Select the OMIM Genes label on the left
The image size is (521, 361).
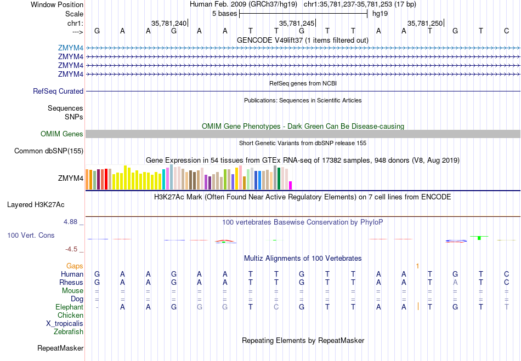[62, 134]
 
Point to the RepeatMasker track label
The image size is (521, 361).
[60, 348]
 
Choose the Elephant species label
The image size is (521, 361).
[69, 307]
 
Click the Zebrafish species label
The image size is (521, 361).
[69, 332]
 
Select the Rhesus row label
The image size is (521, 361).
[71, 283]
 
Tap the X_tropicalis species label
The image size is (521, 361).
[65, 324]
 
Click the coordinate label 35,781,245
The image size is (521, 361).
[297, 23]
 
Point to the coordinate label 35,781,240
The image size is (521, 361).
[169, 23]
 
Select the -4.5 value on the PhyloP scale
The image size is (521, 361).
[72, 249]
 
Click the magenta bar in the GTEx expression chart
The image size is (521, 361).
[291, 185]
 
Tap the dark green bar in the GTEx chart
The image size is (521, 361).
[279, 179]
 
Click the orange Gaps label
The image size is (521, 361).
[75, 266]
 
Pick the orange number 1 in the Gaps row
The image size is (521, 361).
[417, 266]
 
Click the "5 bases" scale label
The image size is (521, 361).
[224, 13]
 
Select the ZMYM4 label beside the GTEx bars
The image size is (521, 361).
[71, 178]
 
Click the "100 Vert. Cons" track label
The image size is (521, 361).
[31, 235]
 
